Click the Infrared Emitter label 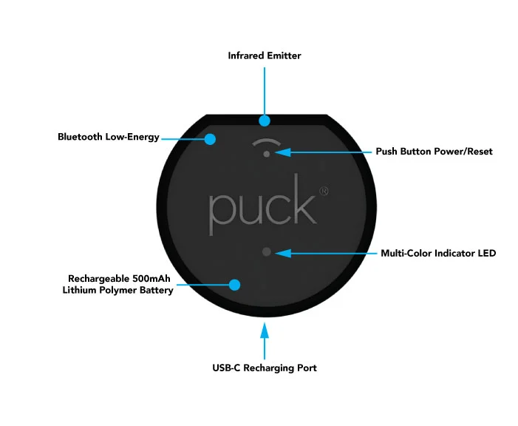click(265, 55)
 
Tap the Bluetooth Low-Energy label click(109, 137)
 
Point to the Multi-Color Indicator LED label click(438, 253)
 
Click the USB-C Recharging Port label click(265, 368)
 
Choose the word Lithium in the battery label click(83, 290)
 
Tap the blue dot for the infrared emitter click(265, 120)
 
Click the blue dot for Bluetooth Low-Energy click(211, 138)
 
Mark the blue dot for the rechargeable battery click(235, 284)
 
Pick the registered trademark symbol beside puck click(324, 191)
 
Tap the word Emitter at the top click(284, 55)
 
